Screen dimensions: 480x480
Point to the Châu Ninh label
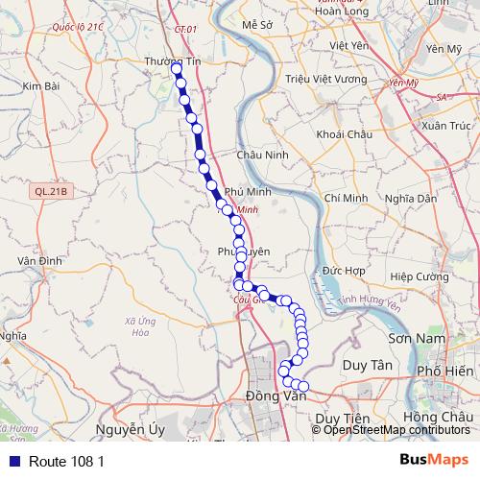(x=260, y=155)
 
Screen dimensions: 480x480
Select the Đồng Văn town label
(x=275, y=396)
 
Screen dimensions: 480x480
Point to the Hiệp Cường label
(x=420, y=276)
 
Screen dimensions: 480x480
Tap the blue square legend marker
(x=11, y=460)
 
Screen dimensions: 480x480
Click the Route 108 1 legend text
(x=66, y=461)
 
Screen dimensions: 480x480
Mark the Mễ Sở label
(x=259, y=23)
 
